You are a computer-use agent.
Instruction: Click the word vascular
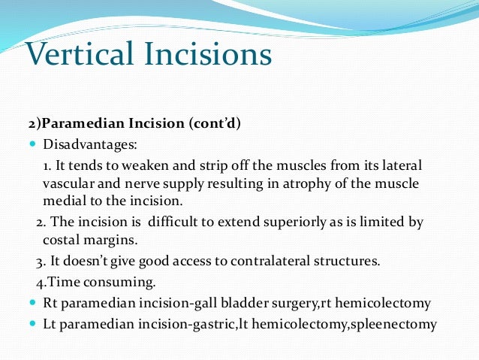click(x=68, y=183)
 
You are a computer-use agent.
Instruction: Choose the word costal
click(x=62, y=241)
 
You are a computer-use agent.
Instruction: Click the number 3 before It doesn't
click(x=41, y=262)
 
